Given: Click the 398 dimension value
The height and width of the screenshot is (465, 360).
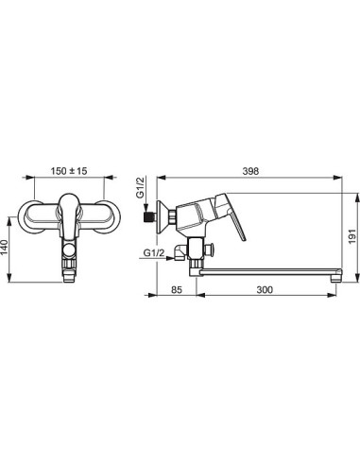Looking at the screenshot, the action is pos(250,171).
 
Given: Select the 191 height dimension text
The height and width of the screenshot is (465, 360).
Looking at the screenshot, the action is pos(352,236).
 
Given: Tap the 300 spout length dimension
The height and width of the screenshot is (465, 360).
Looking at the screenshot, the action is pos(265,289).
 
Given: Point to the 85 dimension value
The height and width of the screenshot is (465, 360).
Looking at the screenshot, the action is pos(177,289).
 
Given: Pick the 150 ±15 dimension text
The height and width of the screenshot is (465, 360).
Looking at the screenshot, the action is pos(69,171).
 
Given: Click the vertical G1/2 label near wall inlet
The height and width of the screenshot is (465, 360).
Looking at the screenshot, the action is pos(140,187).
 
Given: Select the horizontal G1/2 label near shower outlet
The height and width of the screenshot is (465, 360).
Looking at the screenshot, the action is pos(154,252).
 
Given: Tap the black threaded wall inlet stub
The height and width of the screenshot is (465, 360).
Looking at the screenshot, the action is pos(148,217).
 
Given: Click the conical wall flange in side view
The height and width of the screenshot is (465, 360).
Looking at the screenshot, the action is pos(163,217).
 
